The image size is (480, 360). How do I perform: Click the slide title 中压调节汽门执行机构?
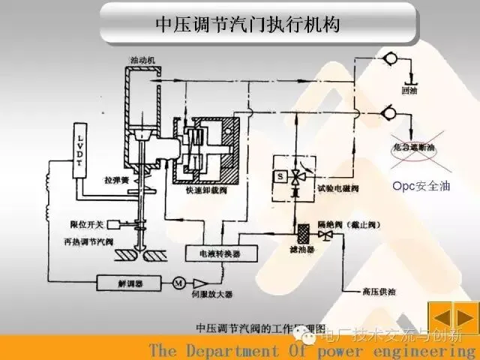coord(247,24)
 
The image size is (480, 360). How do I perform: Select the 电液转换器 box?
coord(214,253)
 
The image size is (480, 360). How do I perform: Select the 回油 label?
coord(409,91)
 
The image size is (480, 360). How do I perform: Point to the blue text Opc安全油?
coord(414,185)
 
